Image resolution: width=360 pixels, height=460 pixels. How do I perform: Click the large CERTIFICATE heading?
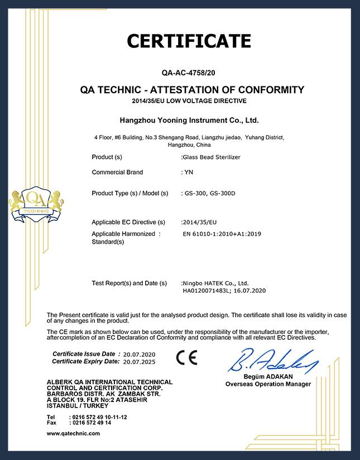pyautogui.click(x=189, y=41)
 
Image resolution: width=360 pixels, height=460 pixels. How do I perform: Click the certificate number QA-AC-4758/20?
pyautogui.click(x=189, y=72)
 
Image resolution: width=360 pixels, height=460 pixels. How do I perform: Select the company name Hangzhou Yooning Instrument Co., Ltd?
pyautogui.click(x=189, y=120)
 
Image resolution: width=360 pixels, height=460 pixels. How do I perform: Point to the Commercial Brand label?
pyautogui.click(x=117, y=172)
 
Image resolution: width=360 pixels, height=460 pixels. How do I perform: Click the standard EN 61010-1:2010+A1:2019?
pyautogui.click(x=222, y=234)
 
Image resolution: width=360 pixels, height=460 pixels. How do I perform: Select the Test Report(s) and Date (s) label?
pyautogui.click(x=129, y=283)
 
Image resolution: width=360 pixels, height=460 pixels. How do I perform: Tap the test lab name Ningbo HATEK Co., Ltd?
pyautogui.click(x=215, y=283)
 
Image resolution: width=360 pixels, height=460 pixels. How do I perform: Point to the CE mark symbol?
pyautogui.click(x=186, y=357)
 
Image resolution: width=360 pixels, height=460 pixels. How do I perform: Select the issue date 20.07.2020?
pyautogui.click(x=140, y=355)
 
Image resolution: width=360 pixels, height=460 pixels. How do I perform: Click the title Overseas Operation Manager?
pyautogui.click(x=267, y=384)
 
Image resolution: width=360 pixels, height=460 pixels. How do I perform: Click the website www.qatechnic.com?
pyautogui.click(x=73, y=433)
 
